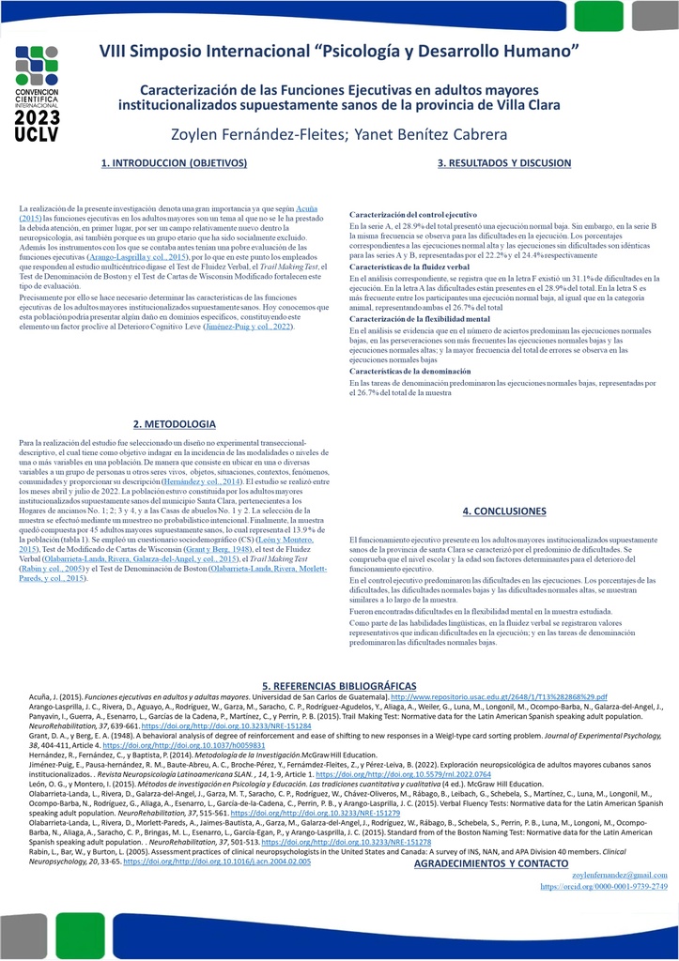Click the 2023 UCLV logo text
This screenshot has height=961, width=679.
(x=38, y=128)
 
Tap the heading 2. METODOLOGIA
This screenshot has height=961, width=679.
(x=175, y=423)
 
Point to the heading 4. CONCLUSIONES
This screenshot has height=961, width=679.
(x=504, y=511)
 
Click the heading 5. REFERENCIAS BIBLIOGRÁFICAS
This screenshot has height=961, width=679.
(x=338, y=686)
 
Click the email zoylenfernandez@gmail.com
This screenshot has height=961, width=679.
(x=619, y=874)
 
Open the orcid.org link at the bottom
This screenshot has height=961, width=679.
(x=604, y=886)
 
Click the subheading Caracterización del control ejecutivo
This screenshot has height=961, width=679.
(x=413, y=215)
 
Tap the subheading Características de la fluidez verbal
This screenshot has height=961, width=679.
(x=409, y=267)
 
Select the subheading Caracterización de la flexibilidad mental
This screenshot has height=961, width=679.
(x=423, y=320)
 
